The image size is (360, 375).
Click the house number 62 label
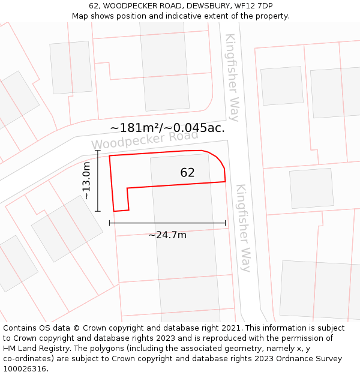[x=187, y=173]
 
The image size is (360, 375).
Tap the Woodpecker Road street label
[x=145, y=140]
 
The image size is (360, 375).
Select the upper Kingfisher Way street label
[x=232, y=77]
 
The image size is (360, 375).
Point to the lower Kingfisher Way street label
[x=243, y=227]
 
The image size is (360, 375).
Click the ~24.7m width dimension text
[x=167, y=235]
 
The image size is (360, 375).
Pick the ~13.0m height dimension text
[x=86, y=181]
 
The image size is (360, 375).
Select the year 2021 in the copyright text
[x=230, y=328]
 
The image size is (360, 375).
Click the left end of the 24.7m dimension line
[x=110, y=223]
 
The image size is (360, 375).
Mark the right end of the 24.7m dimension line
[x=226, y=223]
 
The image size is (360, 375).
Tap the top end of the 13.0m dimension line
[x=98, y=151]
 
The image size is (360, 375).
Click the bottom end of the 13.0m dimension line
[x=98, y=211]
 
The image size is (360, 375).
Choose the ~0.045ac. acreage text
[x=199, y=128]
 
